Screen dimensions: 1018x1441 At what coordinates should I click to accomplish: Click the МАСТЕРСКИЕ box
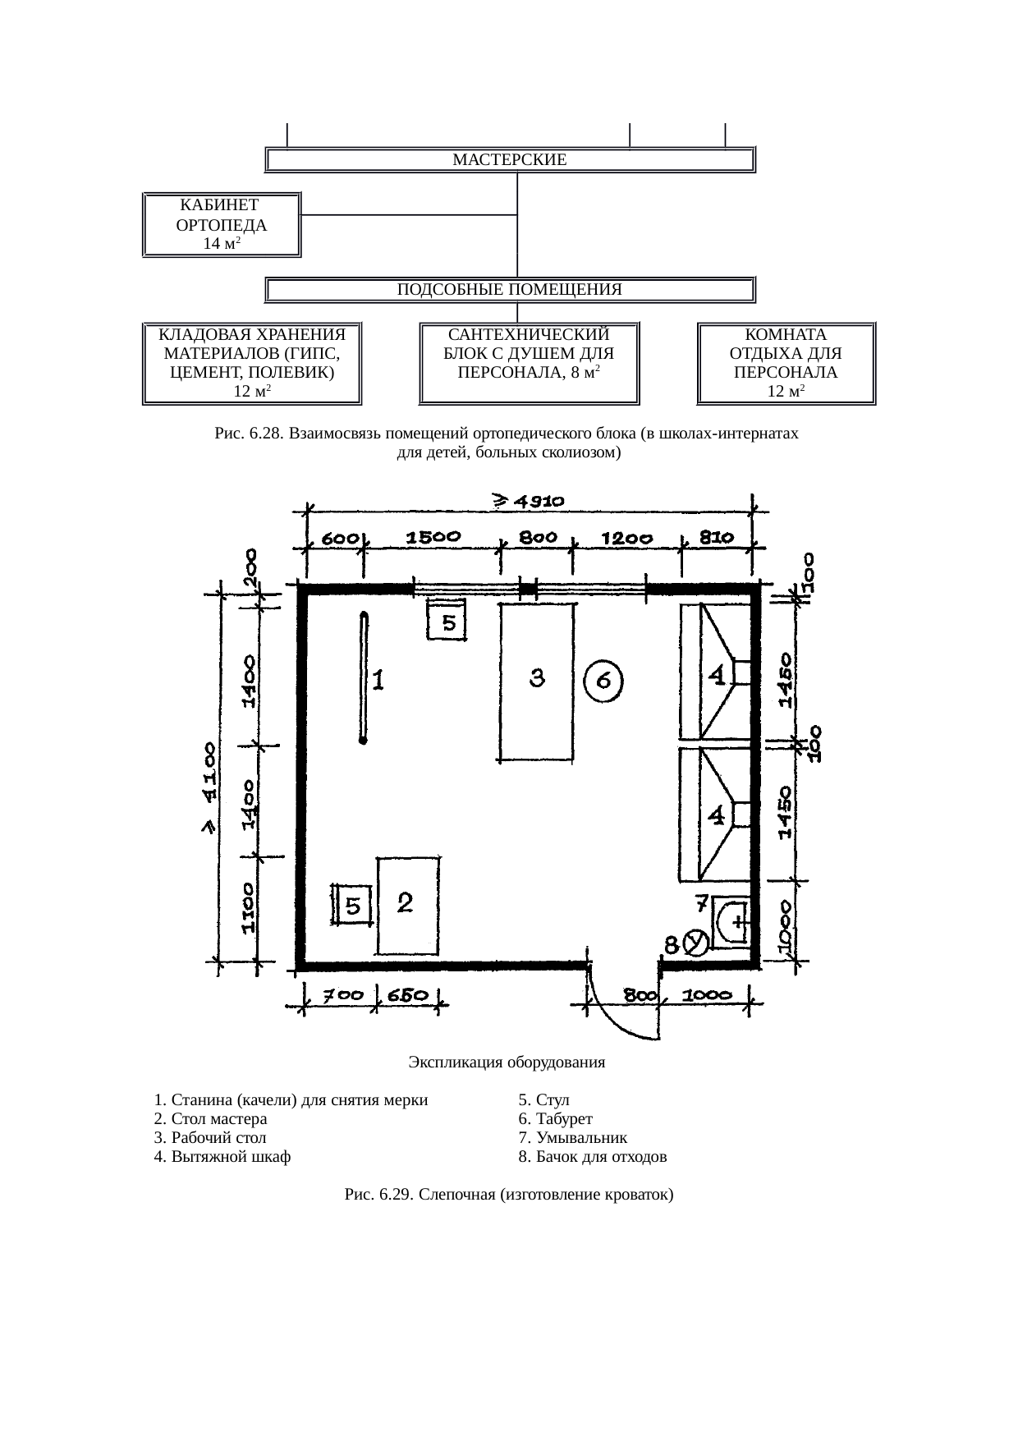(x=510, y=159)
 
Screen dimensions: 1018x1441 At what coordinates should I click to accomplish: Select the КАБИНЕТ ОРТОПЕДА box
(x=222, y=225)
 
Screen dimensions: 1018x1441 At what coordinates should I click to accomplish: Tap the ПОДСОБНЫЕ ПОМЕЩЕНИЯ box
(x=510, y=290)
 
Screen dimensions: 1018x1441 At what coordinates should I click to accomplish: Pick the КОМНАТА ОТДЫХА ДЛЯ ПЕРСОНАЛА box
(x=786, y=364)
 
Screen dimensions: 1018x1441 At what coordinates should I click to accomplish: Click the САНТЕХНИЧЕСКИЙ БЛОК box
(x=530, y=364)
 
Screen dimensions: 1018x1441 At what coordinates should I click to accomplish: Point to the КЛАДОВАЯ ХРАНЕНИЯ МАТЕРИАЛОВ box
(x=252, y=364)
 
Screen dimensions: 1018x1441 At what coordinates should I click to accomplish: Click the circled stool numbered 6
(x=603, y=682)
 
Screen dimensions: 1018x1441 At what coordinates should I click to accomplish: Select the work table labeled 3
(x=537, y=682)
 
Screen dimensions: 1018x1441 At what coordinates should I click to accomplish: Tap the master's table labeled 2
(x=407, y=906)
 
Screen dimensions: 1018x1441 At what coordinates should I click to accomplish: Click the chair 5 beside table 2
(x=353, y=906)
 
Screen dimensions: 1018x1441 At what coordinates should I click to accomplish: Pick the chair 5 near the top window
(x=447, y=619)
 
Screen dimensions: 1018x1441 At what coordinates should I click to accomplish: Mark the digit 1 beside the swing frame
(x=378, y=681)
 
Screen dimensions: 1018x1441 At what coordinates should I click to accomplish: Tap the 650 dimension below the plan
(x=407, y=995)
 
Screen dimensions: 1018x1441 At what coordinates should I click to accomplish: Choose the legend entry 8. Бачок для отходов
(x=592, y=1157)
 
